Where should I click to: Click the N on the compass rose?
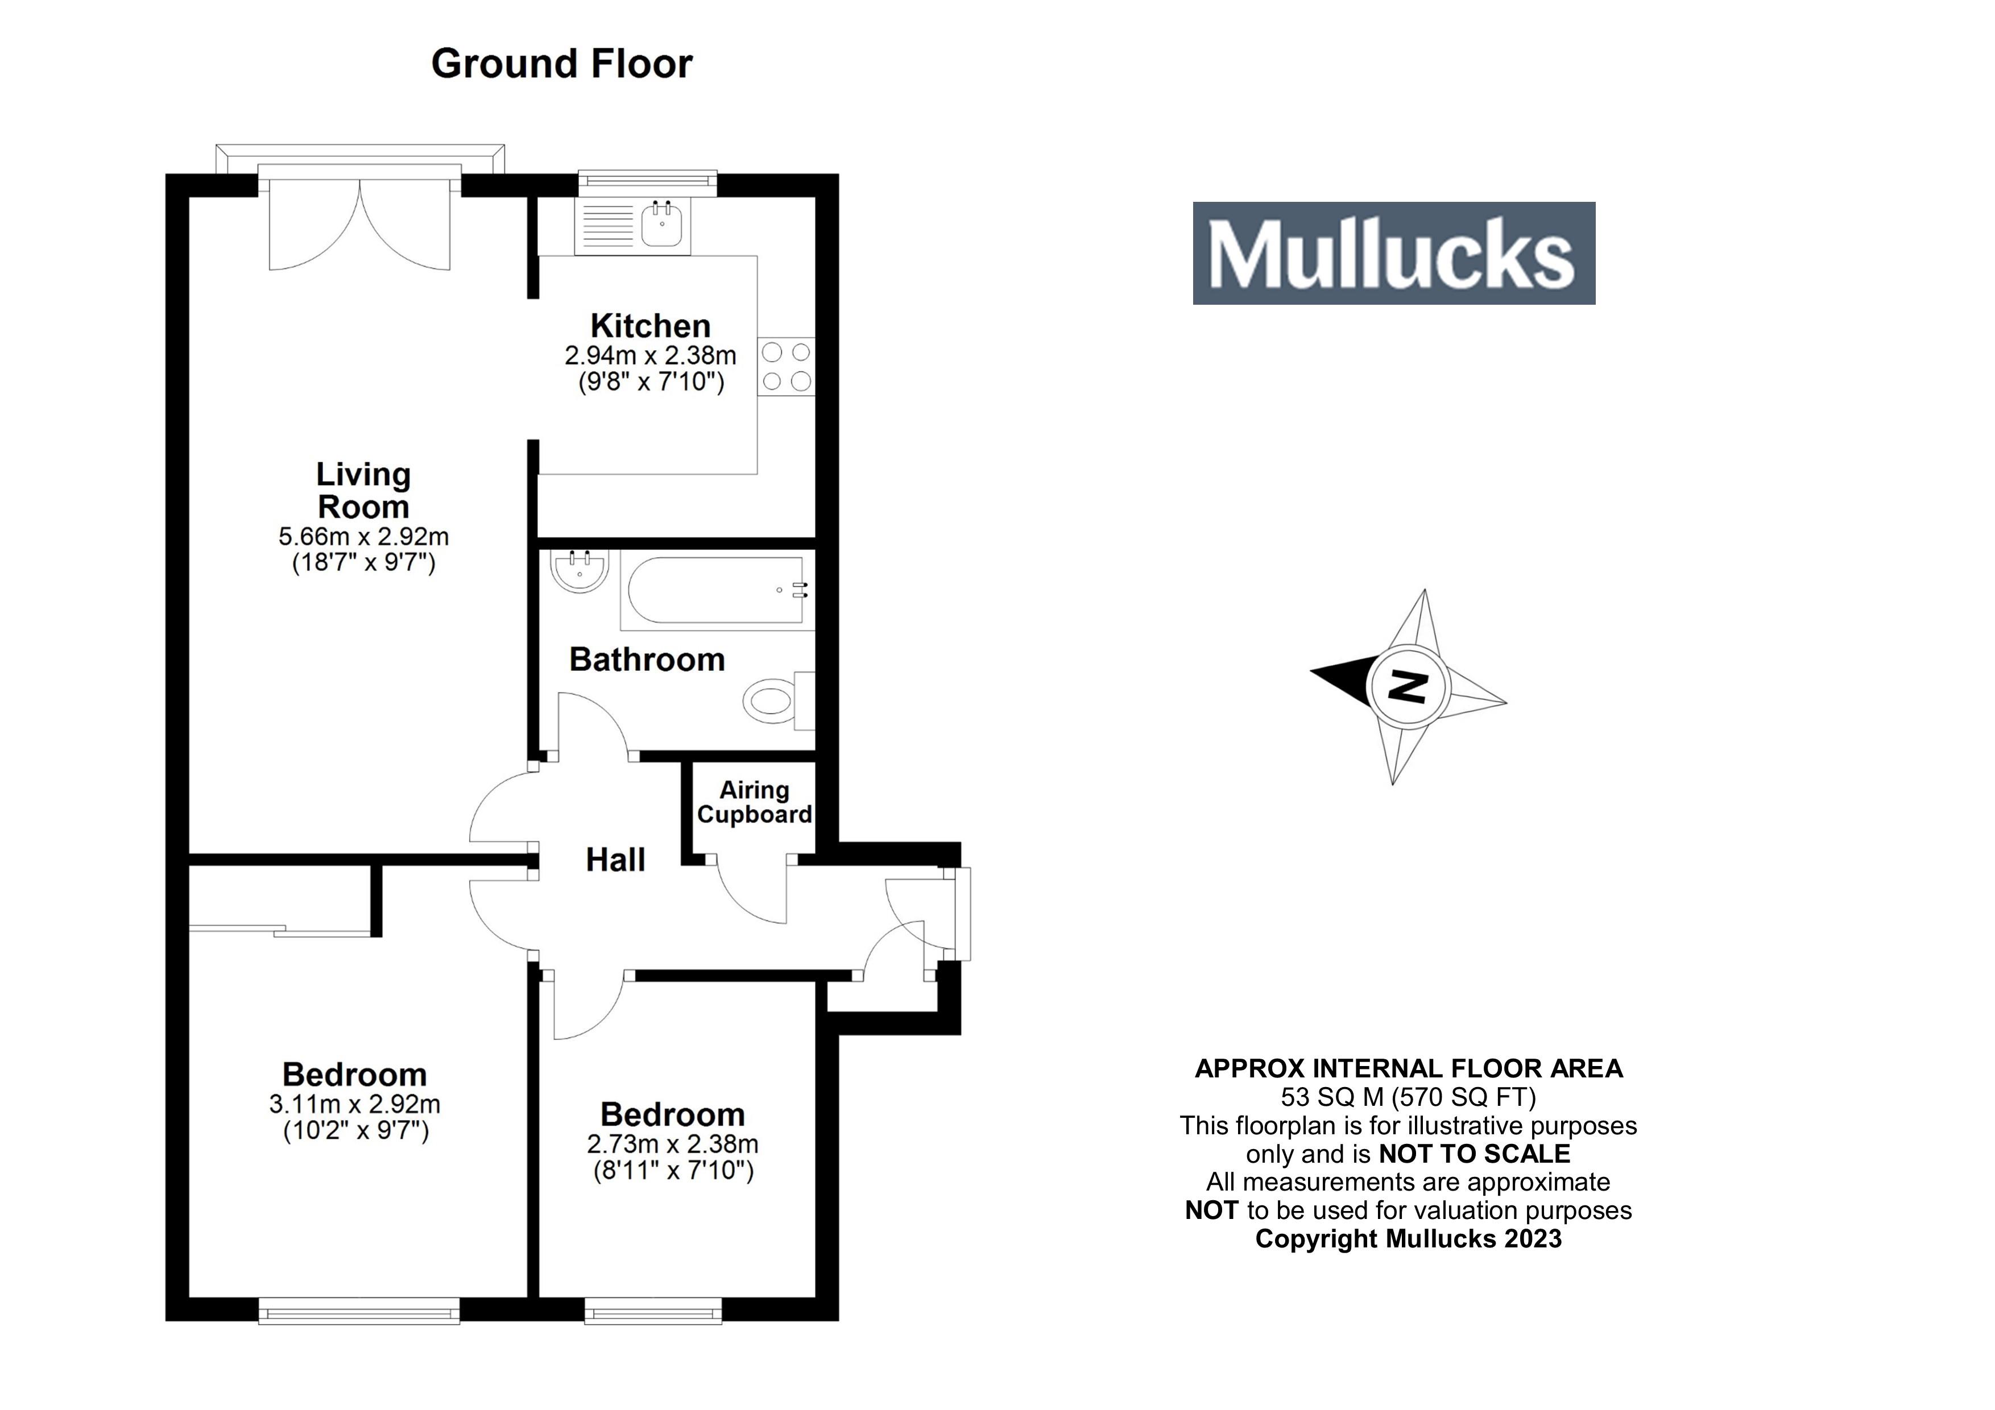pyautogui.click(x=1408, y=687)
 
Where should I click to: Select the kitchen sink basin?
pyautogui.click(x=663, y=226)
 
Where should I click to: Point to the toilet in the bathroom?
pyautogui.click(x=776, y=700)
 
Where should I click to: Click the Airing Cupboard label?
pyautogui.click(x=754, y=802)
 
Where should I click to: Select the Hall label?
pyautogui.click(x=615, y=860)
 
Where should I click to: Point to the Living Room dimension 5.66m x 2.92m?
pyautogui.click(x=363, y=536)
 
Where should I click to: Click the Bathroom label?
pyautogui.click(x=647, y=660)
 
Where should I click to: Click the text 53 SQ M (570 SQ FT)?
pyautogui.click(x=1408, y=1097)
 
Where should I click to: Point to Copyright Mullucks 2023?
pyautogui.click(x=1408, y=1239)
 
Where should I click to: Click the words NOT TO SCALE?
pyautogui.click(x=1475, y=1154)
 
